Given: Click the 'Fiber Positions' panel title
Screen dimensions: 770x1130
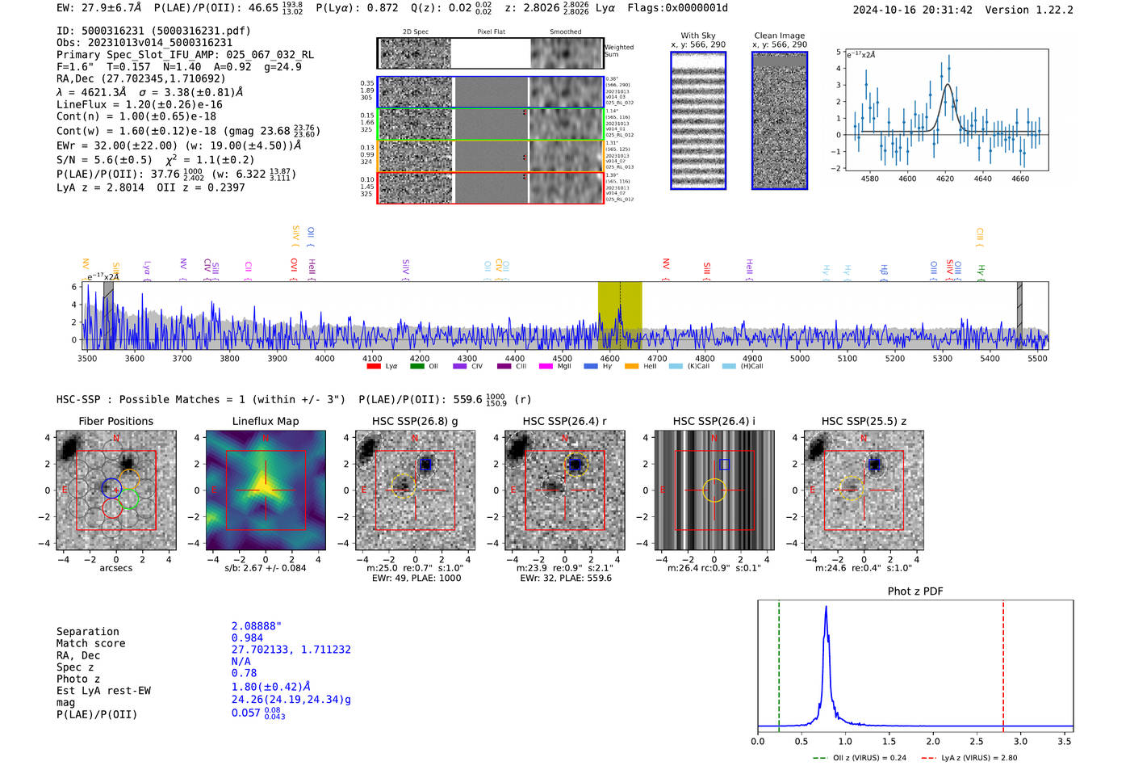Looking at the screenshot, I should pyautogui.click(x=115, y=421).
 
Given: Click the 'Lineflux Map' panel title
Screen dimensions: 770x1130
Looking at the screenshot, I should pyautogui.click(x=265, y=421).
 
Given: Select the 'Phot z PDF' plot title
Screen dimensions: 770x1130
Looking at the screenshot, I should pyautogui.click(x=914, y=591).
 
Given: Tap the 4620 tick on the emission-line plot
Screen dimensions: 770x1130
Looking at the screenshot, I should pyautogui.click(x=945, y=179).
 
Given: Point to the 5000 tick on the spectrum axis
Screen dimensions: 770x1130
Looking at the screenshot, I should pyautogui.click(x=800, y=359).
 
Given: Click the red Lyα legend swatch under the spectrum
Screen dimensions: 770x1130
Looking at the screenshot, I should pyautogui.click(x=374, y=367).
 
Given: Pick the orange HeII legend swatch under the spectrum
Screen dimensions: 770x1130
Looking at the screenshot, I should pyautogui.click(x=631, y=367).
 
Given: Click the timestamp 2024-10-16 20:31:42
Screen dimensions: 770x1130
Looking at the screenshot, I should pyautogui.click(x=912, y=10).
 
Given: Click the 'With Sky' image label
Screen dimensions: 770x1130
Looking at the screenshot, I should pyautogui.click(x=697, y=36).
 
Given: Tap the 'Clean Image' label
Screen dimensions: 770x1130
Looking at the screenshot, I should pyautogui.click(x=779, y=36).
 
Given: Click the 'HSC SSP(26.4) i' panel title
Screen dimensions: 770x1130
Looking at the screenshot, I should pyautogui.click(x=714, y=421).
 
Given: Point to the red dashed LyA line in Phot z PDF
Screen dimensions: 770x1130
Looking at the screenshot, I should pyautogui.click(x=1003, y=663).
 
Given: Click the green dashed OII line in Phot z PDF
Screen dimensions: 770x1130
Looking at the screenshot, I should pyautogui.click(x=779, y=663).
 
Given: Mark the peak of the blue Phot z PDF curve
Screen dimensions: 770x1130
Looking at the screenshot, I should pyautogui.click(x=826, y=608).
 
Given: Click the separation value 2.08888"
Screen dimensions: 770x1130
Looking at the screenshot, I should pyautogui.click(x=257, y=626).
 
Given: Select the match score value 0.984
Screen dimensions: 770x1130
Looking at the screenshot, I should pyautogui.click(x=247, y=637).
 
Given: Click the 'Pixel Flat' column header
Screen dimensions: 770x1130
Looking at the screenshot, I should pyautogui.click(x=491, y=32).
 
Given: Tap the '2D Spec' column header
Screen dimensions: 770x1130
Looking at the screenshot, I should pyautogui.click(x=415, y=32).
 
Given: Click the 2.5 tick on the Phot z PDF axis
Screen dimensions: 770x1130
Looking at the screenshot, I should pyautogui.click(x=977, y=741).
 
